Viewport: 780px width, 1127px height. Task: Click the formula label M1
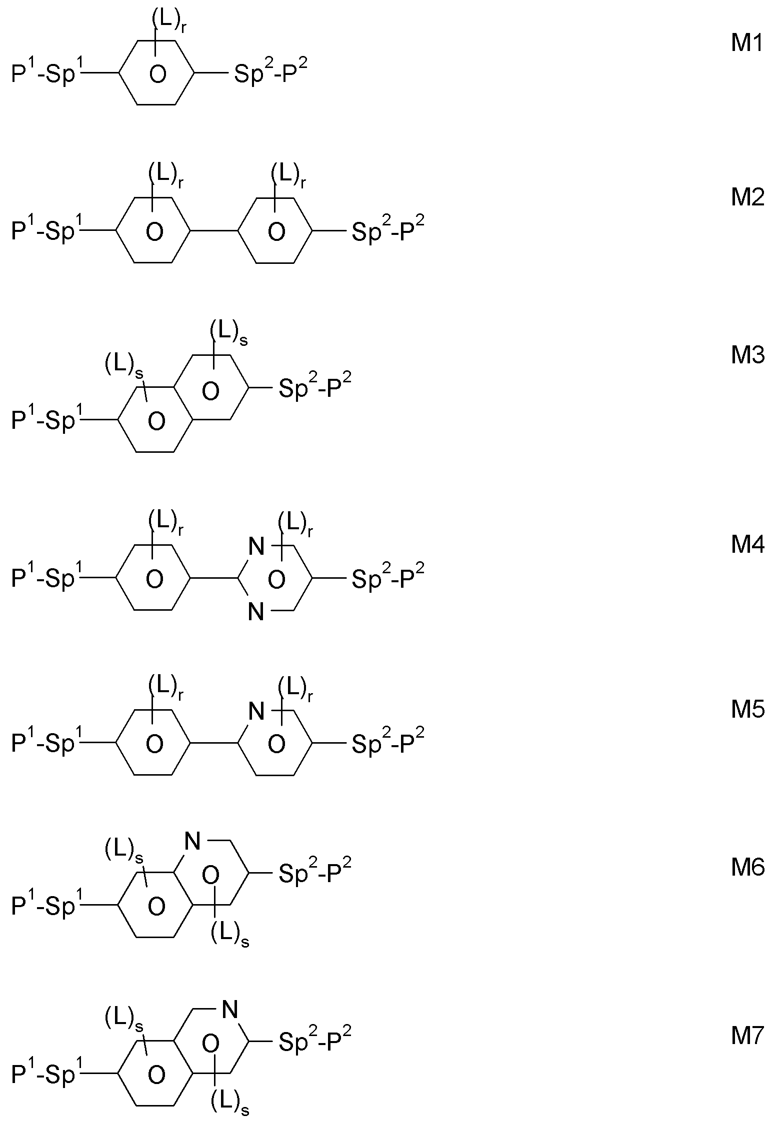747,43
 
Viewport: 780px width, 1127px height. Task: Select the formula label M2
747,198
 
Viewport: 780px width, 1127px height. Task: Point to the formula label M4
747,545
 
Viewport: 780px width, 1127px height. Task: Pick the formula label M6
747,868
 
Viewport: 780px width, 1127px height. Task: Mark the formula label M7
747,1036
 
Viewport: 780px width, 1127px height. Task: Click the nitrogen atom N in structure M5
256,711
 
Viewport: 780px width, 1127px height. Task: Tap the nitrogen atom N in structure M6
192,842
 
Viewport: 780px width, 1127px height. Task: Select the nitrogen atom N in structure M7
229,1010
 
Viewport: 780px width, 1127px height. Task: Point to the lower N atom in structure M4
256,611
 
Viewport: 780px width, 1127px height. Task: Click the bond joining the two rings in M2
214,230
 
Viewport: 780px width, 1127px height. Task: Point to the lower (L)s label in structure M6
229,933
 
